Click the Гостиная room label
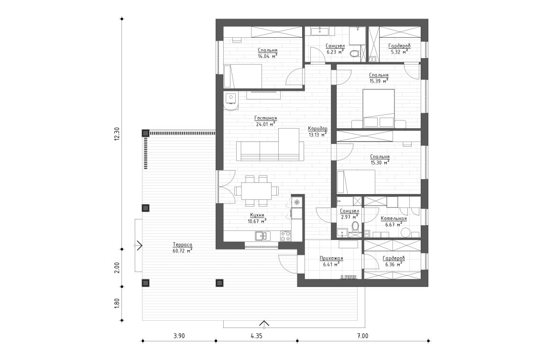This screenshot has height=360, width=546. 266,118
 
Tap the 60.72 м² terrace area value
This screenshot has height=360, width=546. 182,250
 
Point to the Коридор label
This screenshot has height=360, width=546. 318,129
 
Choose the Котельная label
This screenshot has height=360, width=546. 393,218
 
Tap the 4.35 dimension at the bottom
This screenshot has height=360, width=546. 256,336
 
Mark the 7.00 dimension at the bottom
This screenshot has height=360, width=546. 362,336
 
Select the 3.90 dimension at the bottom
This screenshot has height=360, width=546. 178,336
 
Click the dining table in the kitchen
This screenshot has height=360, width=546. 256,190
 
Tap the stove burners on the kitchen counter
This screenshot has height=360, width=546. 285,235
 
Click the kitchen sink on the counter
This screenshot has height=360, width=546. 261,235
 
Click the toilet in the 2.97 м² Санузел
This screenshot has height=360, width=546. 355,227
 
